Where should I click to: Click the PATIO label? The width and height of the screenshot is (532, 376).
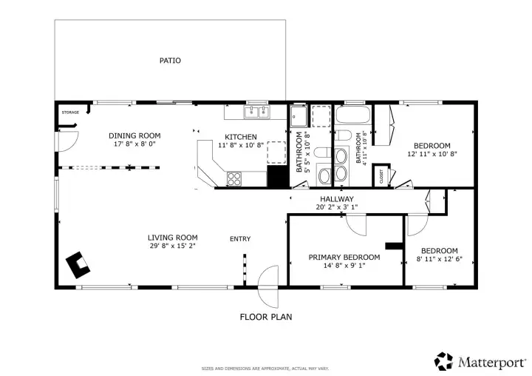tap(170, 61)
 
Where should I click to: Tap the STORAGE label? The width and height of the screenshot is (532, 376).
tap(70, 113)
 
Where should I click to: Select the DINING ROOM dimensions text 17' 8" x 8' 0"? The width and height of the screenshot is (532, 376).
tap(134, 144)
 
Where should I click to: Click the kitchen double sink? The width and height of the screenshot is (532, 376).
tap(257, 113)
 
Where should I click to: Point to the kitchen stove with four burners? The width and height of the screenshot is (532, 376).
tap(234, 179)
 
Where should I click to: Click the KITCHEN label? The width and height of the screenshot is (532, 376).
tap(241, 137)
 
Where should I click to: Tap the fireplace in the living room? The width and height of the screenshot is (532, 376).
tap(78, 265)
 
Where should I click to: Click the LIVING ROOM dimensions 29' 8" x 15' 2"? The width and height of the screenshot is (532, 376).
tap(173, 246)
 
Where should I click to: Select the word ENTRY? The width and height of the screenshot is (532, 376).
tap(240, 239)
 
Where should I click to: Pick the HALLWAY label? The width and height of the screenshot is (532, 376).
tap(337, 199)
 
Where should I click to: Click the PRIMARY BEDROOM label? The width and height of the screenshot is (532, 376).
tap(344, 258)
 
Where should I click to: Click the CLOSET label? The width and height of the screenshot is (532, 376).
tap(381, 177)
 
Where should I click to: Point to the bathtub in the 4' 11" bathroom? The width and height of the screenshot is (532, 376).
tap(353, 115)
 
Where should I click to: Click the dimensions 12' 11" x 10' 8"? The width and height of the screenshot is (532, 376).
tap(432, 154)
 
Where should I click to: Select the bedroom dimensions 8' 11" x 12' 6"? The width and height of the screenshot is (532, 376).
tap(440, 259)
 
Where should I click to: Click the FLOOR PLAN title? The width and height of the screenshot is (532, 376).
tap(266, 317)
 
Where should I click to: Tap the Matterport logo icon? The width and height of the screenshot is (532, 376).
tap(444, 361)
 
